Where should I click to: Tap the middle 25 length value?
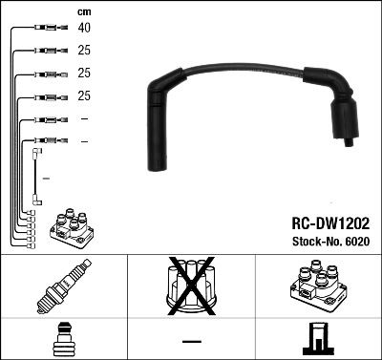[85, 73]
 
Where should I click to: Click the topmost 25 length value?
[85, 50]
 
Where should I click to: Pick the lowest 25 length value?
[85, 95]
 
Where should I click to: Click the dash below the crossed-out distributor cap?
[191, 340]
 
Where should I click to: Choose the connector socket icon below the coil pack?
[318, 339]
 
